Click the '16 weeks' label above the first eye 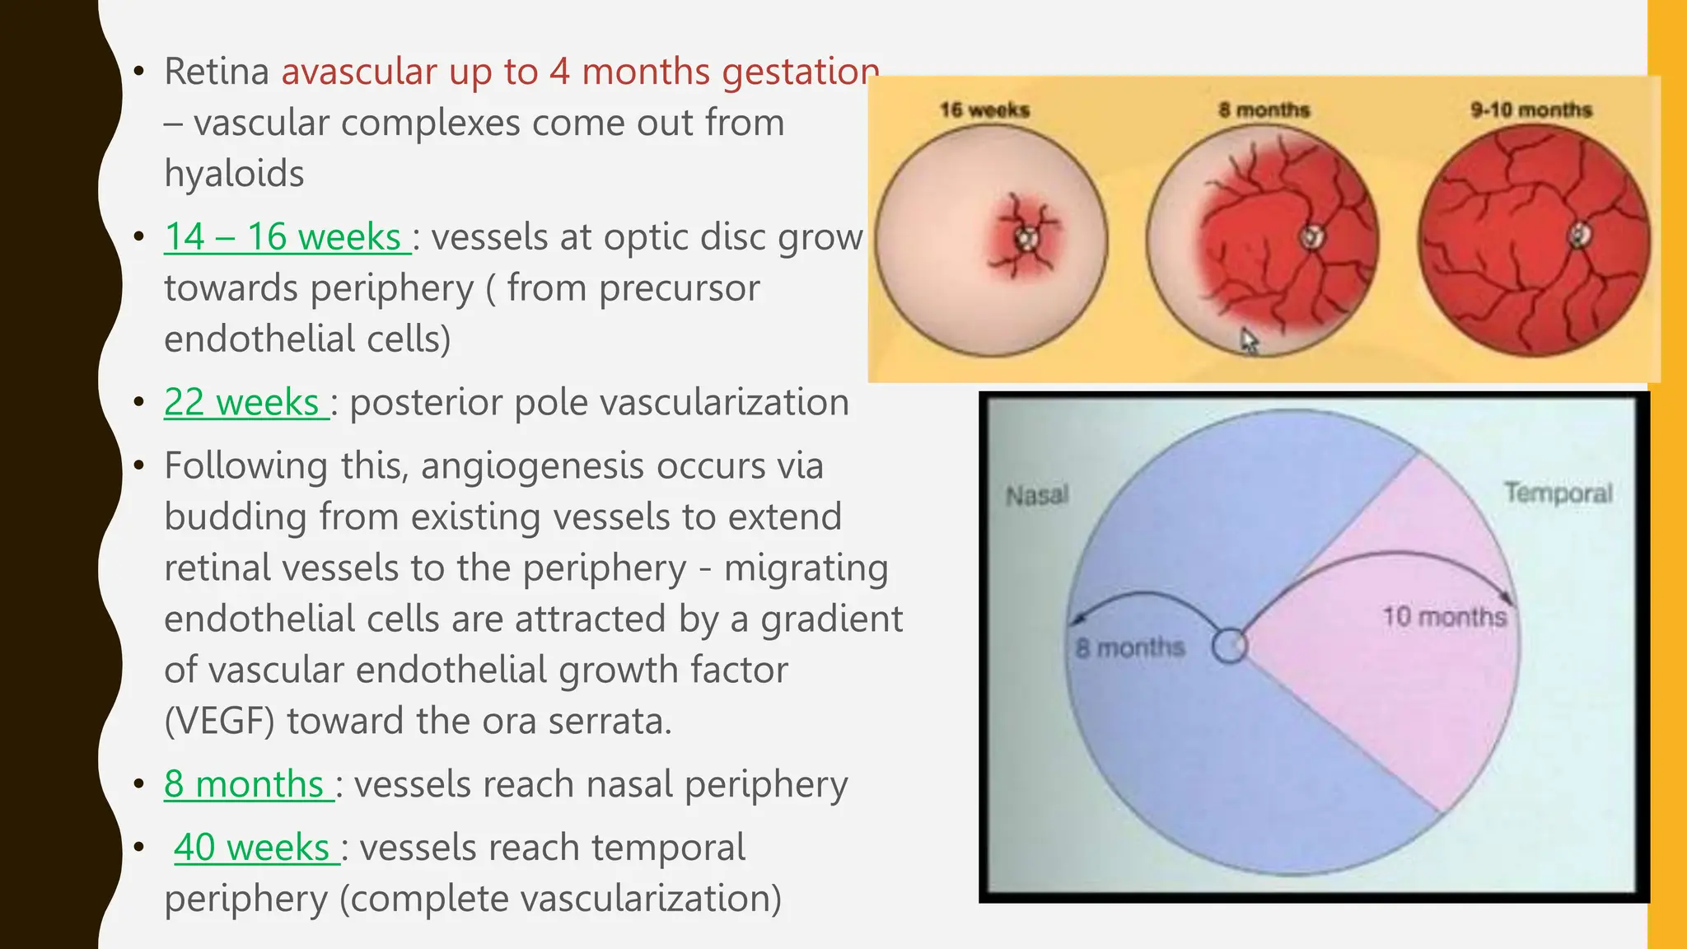984,110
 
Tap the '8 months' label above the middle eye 1264,110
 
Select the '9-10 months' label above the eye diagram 1530,110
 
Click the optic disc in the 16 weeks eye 1026,238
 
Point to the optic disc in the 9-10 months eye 1579,236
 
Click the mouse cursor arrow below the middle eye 1249,340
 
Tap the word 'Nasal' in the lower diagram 1037,495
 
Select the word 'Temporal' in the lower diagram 1557,493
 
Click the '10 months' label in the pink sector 1443,616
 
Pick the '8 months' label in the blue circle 1129,647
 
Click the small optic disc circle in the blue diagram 1229,646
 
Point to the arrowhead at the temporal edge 1508,599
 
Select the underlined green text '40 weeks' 252,847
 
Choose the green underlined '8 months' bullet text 244,783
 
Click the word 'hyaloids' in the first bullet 234,174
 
